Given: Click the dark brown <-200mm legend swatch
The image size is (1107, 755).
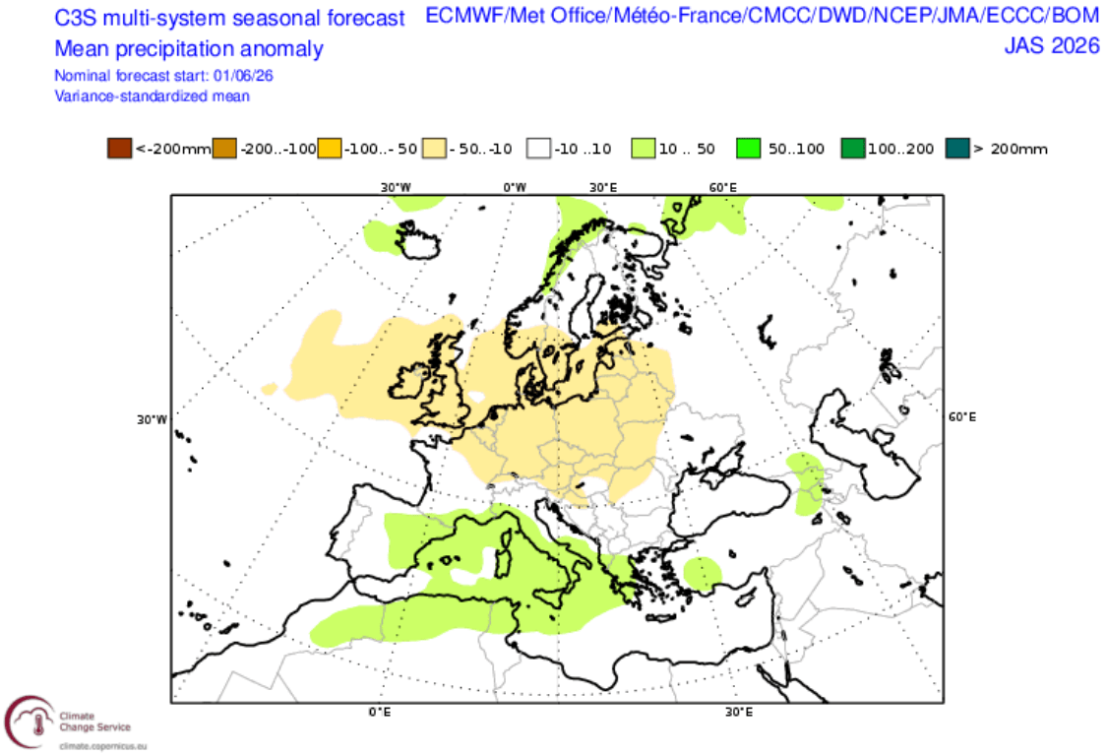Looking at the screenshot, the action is point(119,149).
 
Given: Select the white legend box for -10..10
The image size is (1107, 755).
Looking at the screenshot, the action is point(538,149).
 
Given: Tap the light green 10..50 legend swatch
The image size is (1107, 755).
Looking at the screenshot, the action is point(644,149).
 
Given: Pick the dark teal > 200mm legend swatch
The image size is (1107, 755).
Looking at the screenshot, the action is point(957,149).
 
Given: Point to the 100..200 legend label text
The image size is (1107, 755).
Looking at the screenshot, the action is point(900,149).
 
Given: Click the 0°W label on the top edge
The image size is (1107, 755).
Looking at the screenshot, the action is point(515,187).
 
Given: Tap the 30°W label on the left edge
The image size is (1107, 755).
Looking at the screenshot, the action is point(152,419).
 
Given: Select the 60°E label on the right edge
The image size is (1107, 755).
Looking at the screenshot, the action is point(962,417).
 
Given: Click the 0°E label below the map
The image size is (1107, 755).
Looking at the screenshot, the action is point(380,712).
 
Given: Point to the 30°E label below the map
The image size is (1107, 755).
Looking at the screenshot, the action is point(738,712).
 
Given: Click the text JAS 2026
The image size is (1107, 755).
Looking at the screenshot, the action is point(1052,46).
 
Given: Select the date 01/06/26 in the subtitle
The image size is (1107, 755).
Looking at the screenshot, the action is point(243,76).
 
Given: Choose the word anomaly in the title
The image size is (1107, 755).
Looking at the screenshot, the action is point(280,49).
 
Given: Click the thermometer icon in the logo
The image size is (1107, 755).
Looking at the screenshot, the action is point(38,724).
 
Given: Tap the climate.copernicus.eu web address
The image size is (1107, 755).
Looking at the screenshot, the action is point(103,746).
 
